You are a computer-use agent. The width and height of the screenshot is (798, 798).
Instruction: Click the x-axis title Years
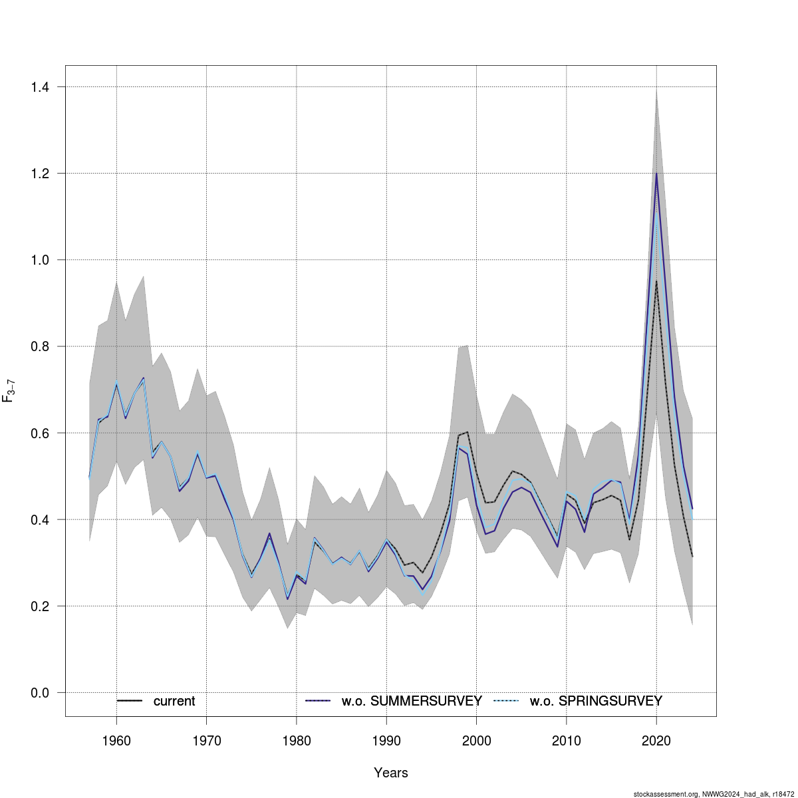[391, 773]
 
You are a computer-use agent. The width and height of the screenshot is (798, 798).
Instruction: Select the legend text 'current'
[174, 702]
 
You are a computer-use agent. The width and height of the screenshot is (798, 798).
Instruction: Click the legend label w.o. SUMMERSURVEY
[412, 702]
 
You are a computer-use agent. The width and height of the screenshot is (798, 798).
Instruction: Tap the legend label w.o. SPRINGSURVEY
[596, 702]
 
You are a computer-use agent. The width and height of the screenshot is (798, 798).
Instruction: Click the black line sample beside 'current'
[130, 701]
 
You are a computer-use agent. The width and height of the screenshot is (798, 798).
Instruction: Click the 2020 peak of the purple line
[656, 174]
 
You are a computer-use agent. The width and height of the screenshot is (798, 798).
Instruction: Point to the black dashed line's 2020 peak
[656, 281]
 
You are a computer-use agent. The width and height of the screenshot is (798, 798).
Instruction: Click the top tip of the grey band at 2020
[656, 89]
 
